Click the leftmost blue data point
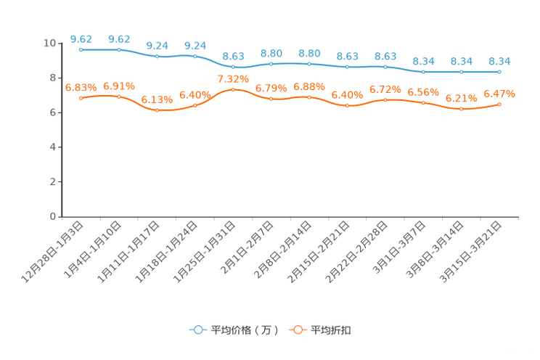click(81, 50)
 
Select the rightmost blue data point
click(499, 72)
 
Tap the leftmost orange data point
click(81, 98)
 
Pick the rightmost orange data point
click(499, 105)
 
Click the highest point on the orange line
click(233, 89)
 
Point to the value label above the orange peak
click(233, 78)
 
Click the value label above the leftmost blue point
click(81, 38)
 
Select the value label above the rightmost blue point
click(499, 61)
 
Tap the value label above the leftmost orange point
click(81, 87)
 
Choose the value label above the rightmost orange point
click(499, 94)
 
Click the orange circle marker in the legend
click(298, 330)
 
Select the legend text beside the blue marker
click(245, 330)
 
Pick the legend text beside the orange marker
click(332, 330)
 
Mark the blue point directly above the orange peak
click(233, 67)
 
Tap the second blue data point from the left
click(119, 50)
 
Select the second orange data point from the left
click(119, 97)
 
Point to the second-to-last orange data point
click(461, 109)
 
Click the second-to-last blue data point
click(461, 72)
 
